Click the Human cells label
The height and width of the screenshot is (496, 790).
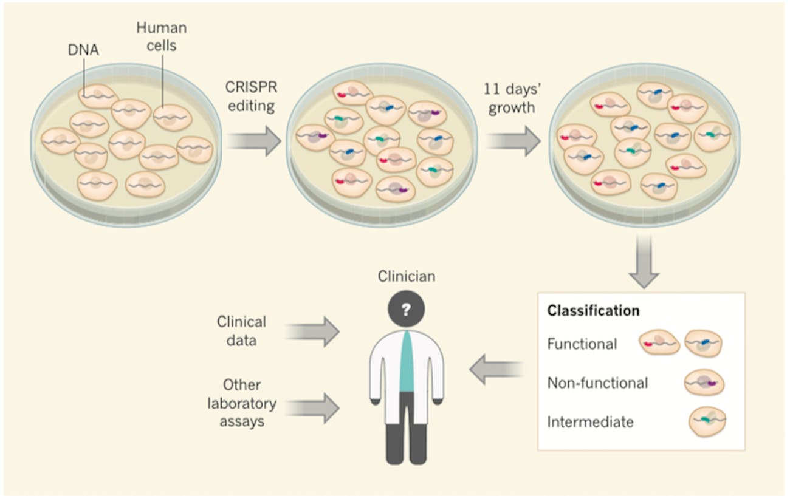click(160, 36)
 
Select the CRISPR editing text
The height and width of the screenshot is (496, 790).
click(250, 97)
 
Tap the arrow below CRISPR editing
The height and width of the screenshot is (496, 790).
click(254, 142)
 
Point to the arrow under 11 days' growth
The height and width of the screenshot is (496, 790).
click(513, 142)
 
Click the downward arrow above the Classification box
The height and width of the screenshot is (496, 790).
click(644, 261)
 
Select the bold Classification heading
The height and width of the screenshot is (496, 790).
click(593, 311)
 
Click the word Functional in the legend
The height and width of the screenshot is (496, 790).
click(582, 344)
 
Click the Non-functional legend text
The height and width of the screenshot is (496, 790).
click(597, 383)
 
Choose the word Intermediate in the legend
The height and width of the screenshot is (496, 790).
click(589, 421)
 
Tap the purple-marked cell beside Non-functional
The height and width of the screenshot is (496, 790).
click(704, 383)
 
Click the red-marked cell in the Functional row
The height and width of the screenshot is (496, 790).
click(659, 344)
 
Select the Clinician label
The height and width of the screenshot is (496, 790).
click(407, 277)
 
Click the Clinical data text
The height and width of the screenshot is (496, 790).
click(241, 331)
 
